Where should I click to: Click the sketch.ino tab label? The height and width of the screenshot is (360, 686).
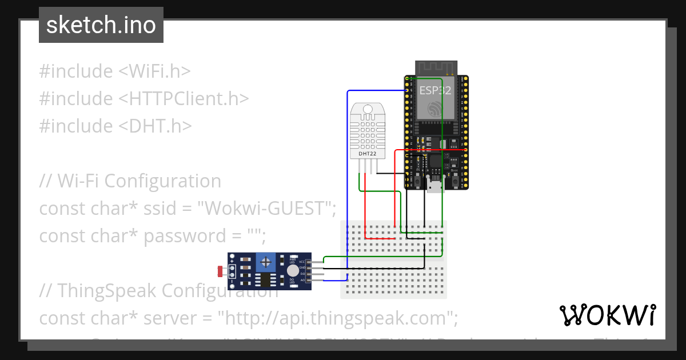[101, 26]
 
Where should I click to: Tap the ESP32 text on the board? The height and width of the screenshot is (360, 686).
[435, 90]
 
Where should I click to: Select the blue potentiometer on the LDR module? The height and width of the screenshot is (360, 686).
[265, 262]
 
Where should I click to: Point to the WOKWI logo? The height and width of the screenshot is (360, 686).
[607, 315]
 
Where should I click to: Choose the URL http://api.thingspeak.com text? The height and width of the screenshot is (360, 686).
[334, 317]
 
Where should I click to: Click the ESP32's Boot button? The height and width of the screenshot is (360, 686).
[455, 181]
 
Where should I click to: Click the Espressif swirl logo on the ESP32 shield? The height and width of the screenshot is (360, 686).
[435, 107]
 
